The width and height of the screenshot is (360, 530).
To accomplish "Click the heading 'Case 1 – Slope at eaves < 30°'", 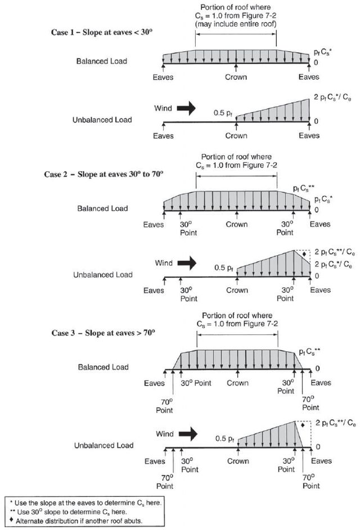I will (99, 31).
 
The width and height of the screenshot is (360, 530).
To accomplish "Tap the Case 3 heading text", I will (99, 333).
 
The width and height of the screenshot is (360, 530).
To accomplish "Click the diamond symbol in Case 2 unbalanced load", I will (304, 255).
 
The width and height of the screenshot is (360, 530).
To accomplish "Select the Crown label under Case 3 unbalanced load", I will (238, 461).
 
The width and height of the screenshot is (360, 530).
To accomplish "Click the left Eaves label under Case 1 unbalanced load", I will (163, 135).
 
